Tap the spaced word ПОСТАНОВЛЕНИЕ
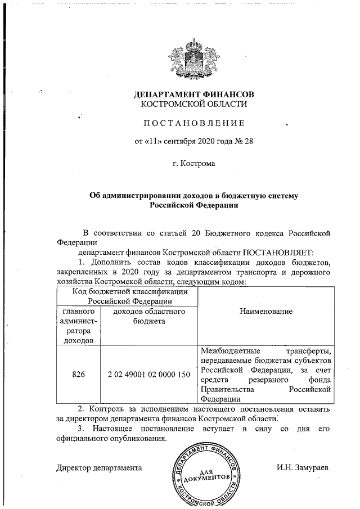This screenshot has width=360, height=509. click(193, 123)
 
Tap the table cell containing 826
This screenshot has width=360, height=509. click(78, 375)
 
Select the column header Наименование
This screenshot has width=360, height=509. click(265, 311)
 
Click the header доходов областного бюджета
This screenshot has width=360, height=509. click(148, 316)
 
